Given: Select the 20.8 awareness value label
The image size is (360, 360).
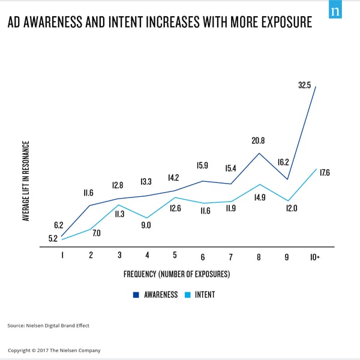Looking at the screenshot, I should tap(258, 140).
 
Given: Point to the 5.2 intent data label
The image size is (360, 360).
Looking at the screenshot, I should tap(52, 238).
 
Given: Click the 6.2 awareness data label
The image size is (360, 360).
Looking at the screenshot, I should tap(59, 225).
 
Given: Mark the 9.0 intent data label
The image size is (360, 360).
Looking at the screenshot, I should tap(146, 226).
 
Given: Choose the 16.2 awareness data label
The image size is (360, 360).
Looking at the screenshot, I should tap(283, 161).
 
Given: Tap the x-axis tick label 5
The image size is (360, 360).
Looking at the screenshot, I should tap(175, 255).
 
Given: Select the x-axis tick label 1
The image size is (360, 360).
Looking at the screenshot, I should tap(62, 255).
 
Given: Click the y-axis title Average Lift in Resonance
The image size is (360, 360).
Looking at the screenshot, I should tap(26, 181).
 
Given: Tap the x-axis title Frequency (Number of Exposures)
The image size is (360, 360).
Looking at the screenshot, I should tap(177, 274).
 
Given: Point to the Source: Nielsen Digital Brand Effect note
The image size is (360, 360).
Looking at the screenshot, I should tap(49, 326).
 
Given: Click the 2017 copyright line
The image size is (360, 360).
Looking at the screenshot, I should tap(54, 350).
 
